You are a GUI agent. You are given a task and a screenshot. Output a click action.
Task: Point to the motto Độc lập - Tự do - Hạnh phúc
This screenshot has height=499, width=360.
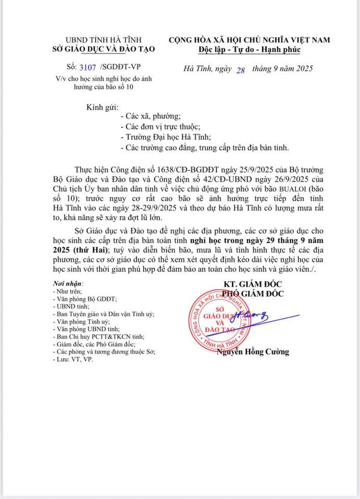tap(249, 49)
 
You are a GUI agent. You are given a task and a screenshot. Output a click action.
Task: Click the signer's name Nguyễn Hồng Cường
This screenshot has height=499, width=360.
tap(253, 352)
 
